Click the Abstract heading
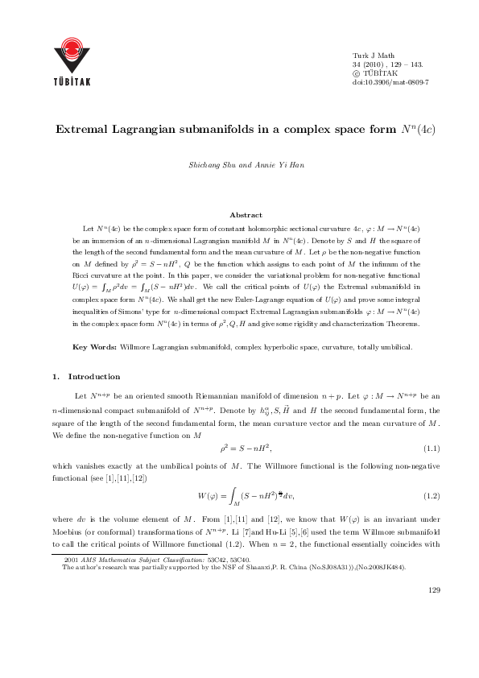pos(246,215)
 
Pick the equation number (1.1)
pos(432,448)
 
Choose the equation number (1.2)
pos(432,493)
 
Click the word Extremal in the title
pos(83,129)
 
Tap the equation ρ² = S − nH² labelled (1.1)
pos(246,448)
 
